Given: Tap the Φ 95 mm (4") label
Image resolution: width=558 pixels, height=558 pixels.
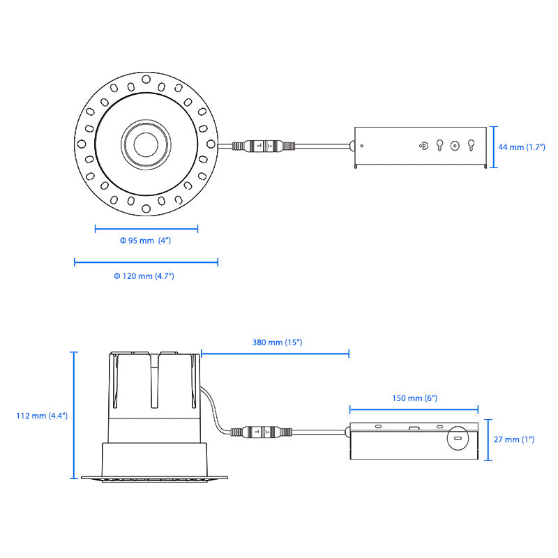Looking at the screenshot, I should point(145,241).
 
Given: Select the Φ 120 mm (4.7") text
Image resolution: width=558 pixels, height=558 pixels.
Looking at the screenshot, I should point(144,276).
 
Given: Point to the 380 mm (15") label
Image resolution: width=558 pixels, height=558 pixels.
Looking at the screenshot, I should point(277,342).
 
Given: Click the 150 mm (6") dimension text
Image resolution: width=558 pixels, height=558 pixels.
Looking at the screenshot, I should point(414,398).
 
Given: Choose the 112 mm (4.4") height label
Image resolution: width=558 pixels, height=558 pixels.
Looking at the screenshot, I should point(41,416).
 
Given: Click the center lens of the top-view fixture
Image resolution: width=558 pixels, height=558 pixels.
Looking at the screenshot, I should point(146,146).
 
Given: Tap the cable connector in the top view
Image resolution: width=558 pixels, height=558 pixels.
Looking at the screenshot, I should point(264,146).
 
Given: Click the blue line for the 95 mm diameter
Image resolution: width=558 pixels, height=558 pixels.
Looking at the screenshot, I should point(146,228).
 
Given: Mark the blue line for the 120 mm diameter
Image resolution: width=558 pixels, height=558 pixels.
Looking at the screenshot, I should point(146,262).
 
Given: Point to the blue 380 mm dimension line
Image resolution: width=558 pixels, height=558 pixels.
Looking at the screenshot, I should point(275,354).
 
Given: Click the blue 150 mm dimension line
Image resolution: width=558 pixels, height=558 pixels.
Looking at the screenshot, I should point(414,410).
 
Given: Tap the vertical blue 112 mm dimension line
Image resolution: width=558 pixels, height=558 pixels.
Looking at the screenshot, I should point(73,416).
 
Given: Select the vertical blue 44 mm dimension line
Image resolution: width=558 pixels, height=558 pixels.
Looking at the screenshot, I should point(494,147).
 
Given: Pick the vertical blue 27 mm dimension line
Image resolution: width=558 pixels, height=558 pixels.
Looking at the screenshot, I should point(489,440).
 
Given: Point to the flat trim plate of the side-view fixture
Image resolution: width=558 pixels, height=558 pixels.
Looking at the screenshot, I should point(155,478).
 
